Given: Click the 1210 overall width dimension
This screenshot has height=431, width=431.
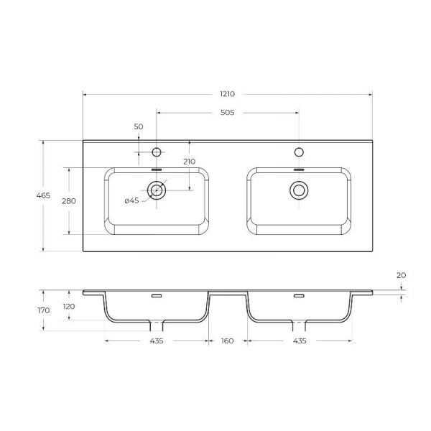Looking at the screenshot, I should [x=228, y=94].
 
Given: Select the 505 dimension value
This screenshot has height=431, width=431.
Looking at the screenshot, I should [x=228, y=113].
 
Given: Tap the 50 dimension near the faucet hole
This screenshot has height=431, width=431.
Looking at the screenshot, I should [x=139, y=126].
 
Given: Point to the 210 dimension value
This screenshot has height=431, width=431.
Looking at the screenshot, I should [x=189, y=162].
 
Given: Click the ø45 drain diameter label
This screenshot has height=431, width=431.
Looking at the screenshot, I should [x=131, y=200].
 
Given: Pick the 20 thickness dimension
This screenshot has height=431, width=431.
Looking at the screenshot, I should [x=401, y=275].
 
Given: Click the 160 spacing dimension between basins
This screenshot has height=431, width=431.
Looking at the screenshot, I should [x=228, y=340].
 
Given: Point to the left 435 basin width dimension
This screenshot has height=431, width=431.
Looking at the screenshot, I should [x=157, y=340].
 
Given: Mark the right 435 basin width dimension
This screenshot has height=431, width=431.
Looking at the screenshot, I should [x=300, y=340].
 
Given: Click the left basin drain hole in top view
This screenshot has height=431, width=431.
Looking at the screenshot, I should [x=157, y=190].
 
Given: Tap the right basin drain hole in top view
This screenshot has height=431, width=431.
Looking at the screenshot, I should [x=299, y=190].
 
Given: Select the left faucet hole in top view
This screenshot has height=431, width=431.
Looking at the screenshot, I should [x=157, y=152].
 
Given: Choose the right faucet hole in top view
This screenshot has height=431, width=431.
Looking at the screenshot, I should [x=299, y=152].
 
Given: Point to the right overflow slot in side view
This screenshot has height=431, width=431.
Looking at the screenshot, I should [x=299, y=295].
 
